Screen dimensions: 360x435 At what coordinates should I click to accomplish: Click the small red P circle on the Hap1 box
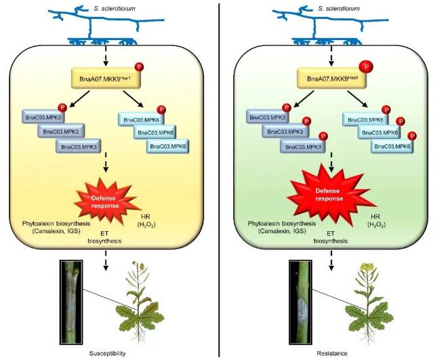pos(140,66)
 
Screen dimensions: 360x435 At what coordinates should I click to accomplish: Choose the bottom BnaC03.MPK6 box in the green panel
pos(392,146)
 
